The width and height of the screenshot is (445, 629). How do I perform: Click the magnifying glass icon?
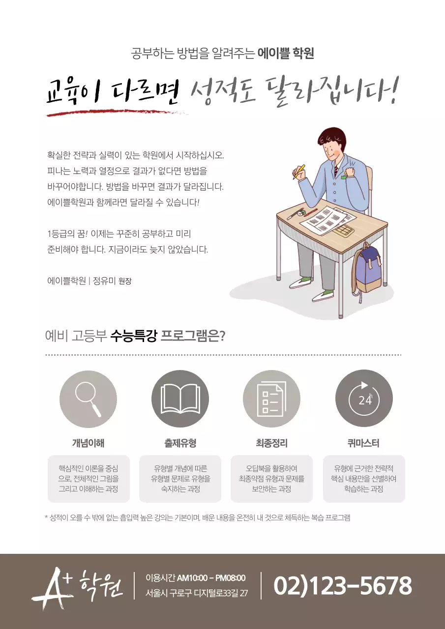point(88,399)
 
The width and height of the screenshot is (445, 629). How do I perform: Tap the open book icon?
point(180,399)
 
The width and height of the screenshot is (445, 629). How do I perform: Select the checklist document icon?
point(271,399)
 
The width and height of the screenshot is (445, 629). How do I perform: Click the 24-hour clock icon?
point(364,399)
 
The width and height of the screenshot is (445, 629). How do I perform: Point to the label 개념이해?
point(88,443)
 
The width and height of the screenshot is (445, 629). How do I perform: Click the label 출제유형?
point(180,443)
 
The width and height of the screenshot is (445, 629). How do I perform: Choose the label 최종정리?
point(271,443)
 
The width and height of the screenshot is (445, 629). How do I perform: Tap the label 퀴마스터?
point(363,443)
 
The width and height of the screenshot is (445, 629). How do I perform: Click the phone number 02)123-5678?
point(342,586)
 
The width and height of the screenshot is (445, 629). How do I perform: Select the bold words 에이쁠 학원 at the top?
point(286,53)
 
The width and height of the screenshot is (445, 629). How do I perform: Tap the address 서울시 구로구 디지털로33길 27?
point(197,593)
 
